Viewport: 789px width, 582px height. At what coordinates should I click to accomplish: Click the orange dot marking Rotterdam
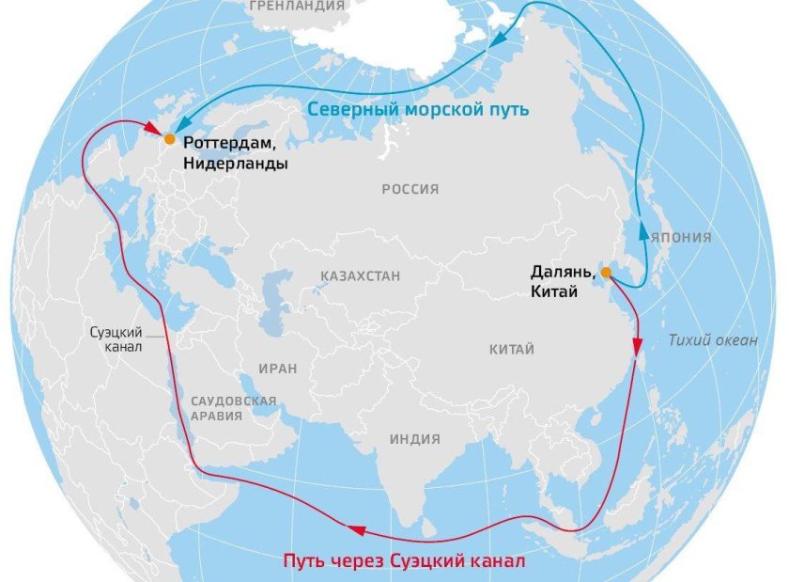tap(169, 138)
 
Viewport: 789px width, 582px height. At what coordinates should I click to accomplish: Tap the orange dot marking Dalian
tap(606, 273)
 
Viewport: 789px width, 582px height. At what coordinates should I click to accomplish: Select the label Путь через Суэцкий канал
tap(403, 561)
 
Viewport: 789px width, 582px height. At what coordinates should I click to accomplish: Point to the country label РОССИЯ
tap(410, 189)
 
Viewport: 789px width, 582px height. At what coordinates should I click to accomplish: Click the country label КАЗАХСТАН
tap(361, 276)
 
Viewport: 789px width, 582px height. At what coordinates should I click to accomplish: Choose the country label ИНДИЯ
tap(414, 438)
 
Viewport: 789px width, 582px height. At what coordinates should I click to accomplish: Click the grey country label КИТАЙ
tap(512, 350)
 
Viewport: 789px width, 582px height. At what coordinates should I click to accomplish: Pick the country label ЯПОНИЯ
tap(683, 237)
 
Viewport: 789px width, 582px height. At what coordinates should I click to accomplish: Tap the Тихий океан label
tap(713, 340)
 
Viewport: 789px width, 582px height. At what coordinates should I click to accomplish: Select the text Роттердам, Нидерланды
tap(236, 152)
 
